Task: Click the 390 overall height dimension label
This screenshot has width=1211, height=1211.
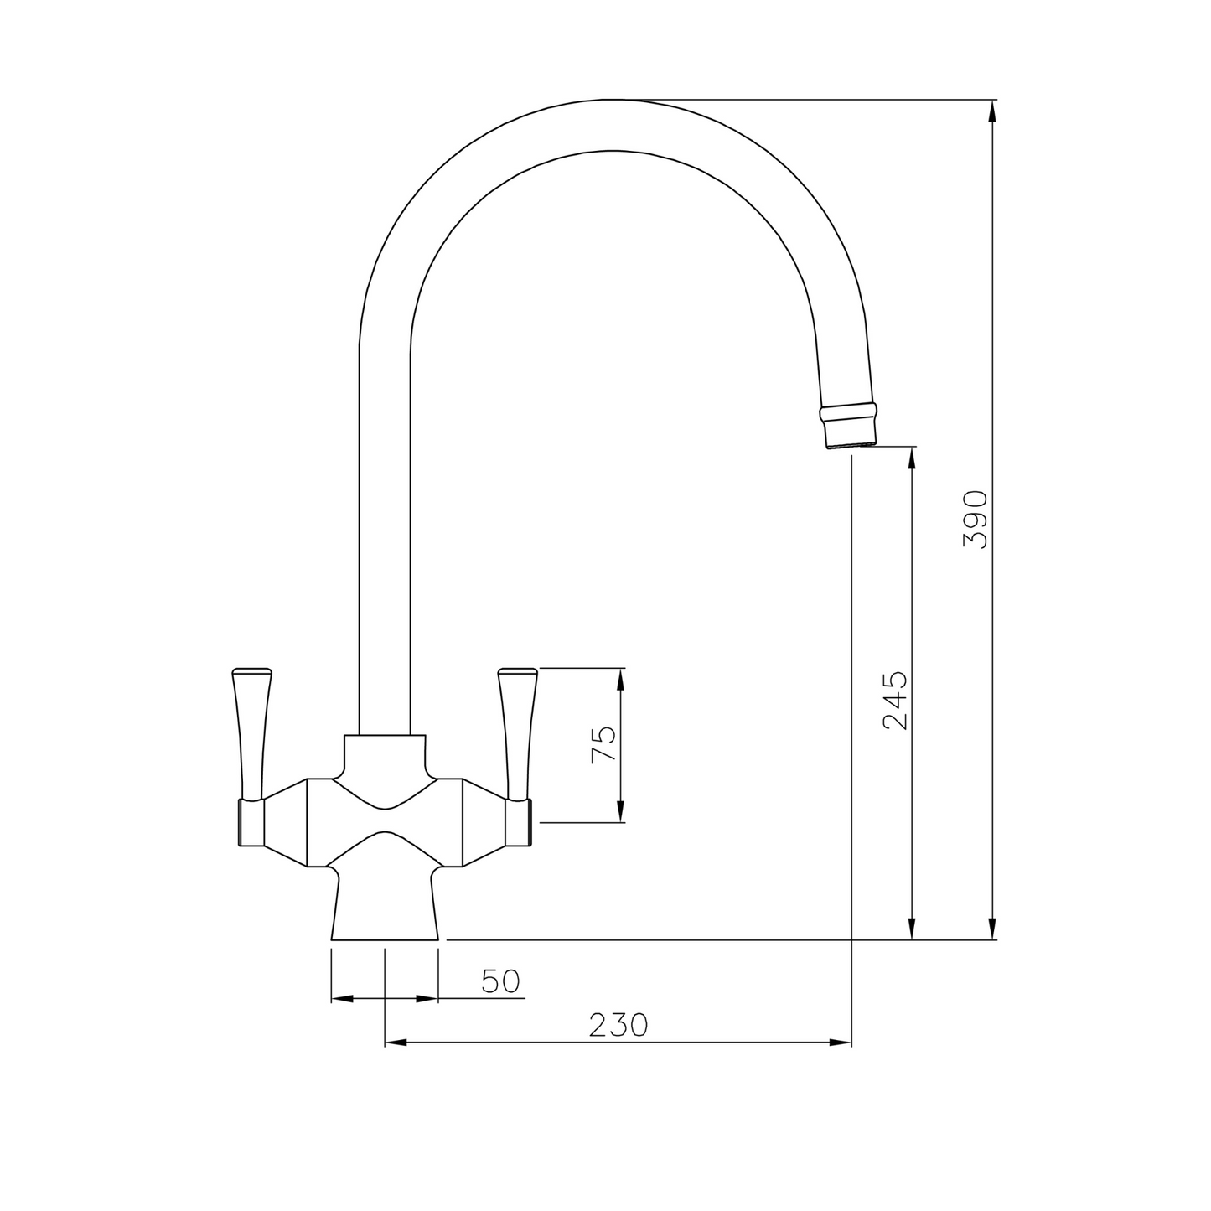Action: point(976,520)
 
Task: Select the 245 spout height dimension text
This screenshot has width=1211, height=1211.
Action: point(896,700)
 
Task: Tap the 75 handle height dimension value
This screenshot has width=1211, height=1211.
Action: point(603,743)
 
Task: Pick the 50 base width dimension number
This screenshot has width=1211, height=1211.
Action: point(501,981)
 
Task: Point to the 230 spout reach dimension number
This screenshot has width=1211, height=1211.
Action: point(618,1025)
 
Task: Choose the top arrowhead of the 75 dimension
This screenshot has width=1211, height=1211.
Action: point(621,680)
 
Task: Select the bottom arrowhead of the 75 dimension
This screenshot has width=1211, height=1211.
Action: point(621,811)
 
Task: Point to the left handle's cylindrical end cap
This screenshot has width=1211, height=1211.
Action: point(252,822)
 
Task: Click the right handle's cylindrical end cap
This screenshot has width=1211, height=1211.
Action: point(517,822)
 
